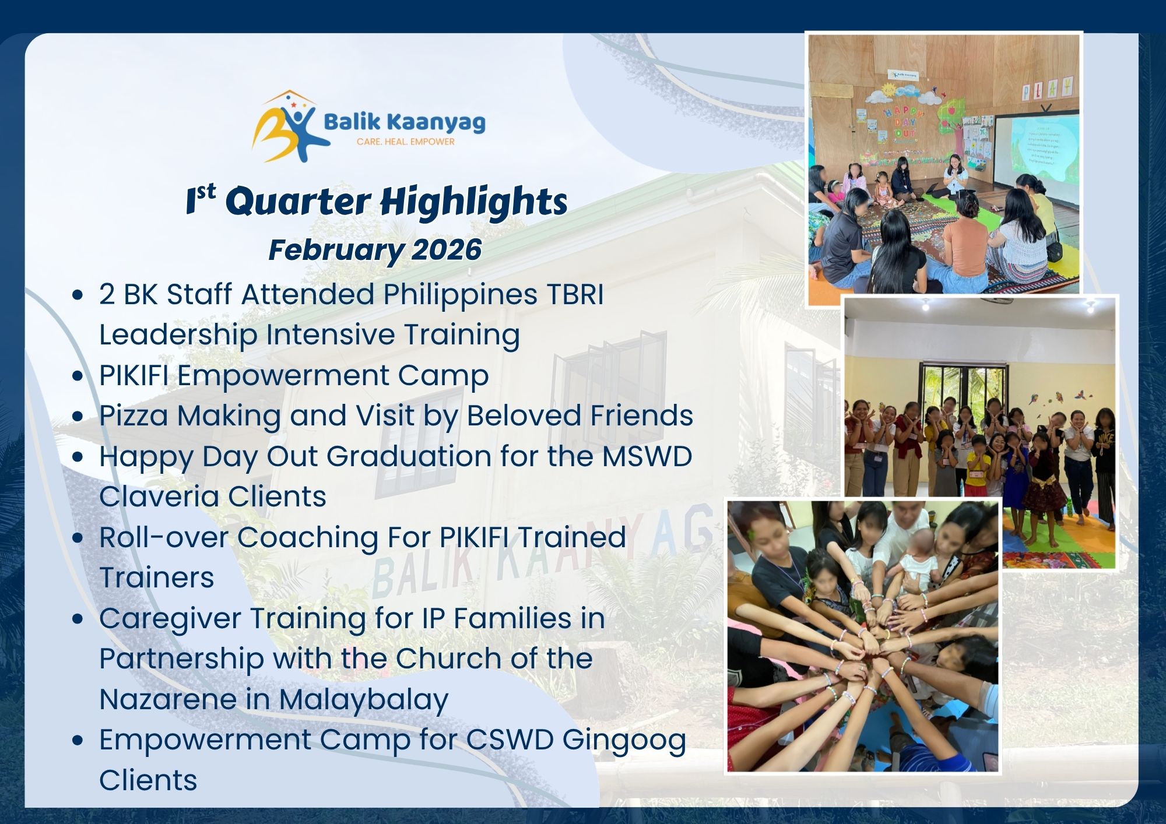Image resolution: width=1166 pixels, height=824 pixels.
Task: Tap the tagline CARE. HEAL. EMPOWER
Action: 405,142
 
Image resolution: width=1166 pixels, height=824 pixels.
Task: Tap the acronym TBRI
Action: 575,294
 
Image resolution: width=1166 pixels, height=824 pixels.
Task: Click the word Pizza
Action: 134,416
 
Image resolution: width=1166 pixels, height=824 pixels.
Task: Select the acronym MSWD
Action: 647,456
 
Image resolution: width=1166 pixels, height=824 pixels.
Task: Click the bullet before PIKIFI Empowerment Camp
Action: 78,376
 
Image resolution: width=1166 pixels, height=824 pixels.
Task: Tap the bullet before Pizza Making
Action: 78,417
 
